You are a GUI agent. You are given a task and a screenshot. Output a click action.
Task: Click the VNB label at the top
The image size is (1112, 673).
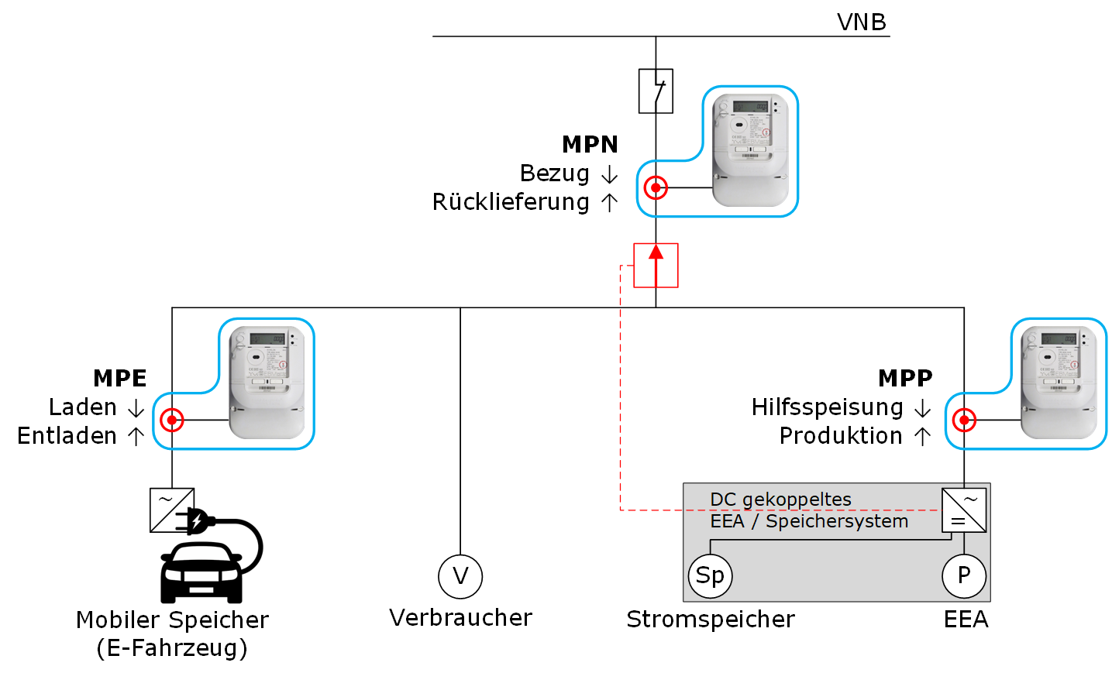(x=861, y=22)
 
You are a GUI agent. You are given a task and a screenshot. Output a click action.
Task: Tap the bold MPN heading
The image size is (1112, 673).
(x=590, y=145)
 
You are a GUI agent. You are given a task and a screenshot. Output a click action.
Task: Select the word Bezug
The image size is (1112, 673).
(x=555, y=173)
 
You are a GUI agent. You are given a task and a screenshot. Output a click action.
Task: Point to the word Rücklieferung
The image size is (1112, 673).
(x=511, y=202)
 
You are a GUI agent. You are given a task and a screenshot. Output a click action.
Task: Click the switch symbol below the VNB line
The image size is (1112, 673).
(x=656, y=91)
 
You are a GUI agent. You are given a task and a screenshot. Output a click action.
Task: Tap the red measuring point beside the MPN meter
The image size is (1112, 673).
(x=656, y=187)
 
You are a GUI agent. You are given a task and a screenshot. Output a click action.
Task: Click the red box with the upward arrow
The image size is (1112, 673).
(x=656, y=266)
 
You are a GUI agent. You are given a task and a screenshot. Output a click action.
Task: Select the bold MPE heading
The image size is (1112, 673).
(x=120, y=378)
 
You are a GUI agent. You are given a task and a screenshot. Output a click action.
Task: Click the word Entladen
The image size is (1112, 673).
(x=67, y=436)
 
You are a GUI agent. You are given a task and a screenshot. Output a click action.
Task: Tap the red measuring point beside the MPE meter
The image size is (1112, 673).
(x=171, y=421)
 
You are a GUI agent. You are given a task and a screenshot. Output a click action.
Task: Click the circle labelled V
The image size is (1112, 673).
(x=460, y=576)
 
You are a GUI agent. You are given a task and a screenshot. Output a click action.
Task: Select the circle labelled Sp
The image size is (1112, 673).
(x=710, y=576)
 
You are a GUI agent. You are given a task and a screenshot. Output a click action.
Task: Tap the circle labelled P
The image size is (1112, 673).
(x=964, y=576)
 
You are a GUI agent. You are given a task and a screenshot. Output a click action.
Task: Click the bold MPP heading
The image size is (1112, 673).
(x=905, y=378)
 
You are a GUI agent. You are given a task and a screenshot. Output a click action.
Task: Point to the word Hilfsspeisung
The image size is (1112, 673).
(x=827, y=407)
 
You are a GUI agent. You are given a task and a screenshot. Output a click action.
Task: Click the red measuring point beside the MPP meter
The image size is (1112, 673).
(x=964, y=421)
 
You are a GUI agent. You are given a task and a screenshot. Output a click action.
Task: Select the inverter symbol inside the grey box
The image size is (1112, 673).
(x=964, y=510)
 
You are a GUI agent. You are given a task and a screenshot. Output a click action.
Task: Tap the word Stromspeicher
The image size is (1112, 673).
(x=711, y=620)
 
